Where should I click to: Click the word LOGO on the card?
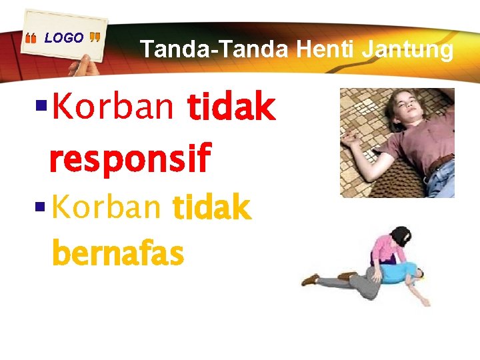pyautogui.click(x=64, y=38)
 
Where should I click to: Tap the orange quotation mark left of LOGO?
pyautogui.click(x=31, y=40)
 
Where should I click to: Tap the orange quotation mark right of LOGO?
pyautogui.click(x=95, y=37)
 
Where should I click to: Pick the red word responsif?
pyautogui.click(x=129, y=158)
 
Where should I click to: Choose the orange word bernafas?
pyautogui.click(x=117, y=254)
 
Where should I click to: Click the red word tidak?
pyautogui.click(x=231, y=108)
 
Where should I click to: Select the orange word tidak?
pyautogui.click(x=211, y=209)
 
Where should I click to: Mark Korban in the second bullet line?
pyautogui.click(x=107, y=208)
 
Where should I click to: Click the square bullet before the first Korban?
pyautogui.click(x=40, y=105)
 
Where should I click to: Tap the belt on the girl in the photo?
pyautogui.click(x=439, y=163)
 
